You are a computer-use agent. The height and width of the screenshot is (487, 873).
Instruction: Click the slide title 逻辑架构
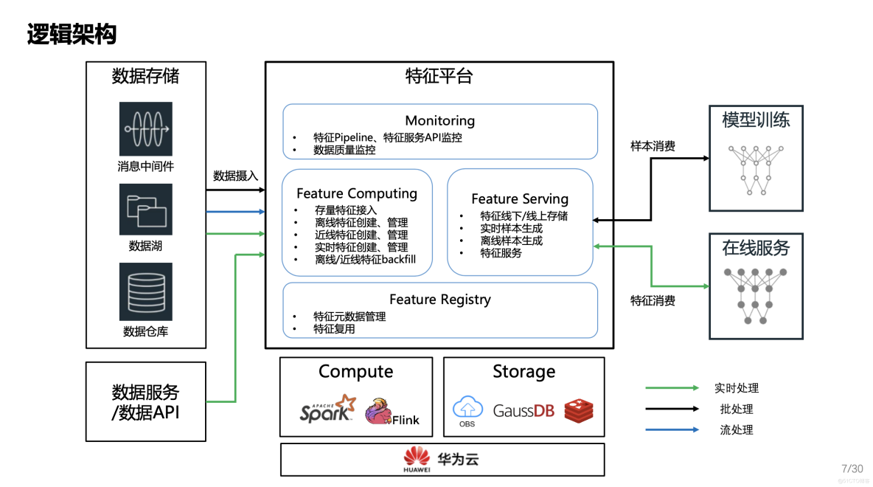pos(72,35)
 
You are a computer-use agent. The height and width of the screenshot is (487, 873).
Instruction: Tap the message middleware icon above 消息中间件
pos(146,128)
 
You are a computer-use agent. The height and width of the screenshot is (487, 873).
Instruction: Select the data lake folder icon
pos(146,210)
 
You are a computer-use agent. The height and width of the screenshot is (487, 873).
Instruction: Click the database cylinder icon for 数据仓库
pos(146,291)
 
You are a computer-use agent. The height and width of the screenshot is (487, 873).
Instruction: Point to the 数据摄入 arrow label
pos(235,176)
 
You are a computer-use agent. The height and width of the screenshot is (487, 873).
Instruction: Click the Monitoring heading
pos(440,120)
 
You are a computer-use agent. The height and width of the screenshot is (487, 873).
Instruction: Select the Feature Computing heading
pos(357,193)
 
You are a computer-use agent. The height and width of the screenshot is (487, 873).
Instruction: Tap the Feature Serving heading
pos(520,199)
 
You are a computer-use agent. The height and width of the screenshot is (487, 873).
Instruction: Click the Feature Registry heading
pos(440,300)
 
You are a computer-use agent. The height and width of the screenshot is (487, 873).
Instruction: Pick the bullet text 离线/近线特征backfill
pos(365,260)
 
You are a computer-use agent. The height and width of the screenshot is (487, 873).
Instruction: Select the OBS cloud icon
pos(467,411)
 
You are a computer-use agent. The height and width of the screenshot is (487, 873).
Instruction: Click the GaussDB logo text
pos(524,411)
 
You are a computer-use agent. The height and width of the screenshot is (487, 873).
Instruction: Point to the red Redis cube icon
pos(579,411)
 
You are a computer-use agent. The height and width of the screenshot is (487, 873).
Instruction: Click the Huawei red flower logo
pos(417,456)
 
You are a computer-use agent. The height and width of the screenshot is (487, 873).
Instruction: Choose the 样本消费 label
pos(653,147)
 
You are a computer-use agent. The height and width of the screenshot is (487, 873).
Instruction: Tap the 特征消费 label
pos(653,301)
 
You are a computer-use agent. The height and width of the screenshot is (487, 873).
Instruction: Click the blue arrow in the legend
pos(672,429)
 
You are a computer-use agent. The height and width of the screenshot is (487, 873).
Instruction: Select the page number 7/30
pos(852,469)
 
